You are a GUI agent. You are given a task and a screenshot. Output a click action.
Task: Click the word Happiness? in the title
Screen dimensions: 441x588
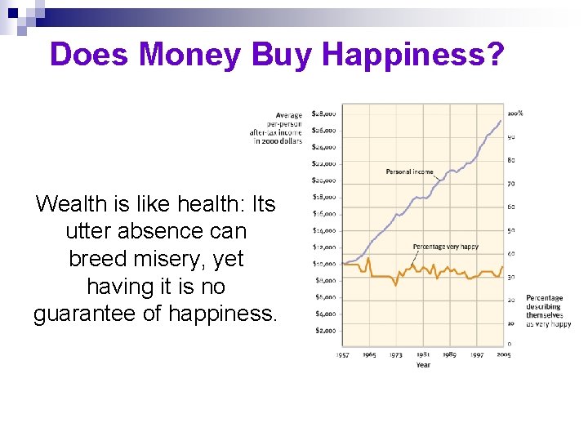pyautogui.click(x=415, y=54)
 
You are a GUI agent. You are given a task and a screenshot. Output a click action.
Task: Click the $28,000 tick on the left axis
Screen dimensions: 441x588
pyautogui.click(x=324, y=114)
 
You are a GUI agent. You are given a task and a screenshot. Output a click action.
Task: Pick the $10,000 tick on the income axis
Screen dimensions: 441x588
pyautogui.click(x=324, y=264)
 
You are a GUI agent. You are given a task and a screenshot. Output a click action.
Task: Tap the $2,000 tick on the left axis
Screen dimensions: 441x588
pyautogui.click(x=325, y=331)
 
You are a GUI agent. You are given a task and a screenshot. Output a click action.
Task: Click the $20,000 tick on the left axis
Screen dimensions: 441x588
pyautogui.click(x=324, y=180)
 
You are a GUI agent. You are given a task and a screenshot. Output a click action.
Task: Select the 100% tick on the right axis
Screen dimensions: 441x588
pyautogui.click(x=515, y=114)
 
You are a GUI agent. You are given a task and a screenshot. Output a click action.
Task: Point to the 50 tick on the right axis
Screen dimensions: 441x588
pyautogui.click(x=511, y=230)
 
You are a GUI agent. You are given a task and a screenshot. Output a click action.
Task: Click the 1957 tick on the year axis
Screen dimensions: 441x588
pyautogui.click(x=345, y=355)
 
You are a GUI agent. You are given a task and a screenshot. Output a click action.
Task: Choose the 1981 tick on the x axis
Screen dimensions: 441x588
pyautogui.click(x=423, y=355)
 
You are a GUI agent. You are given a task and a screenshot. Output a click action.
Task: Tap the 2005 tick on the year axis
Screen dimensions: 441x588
pyautogui.click(x=503, y=355)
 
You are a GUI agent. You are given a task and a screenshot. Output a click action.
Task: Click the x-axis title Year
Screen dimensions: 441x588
pyautogui.click(x=423, y=365)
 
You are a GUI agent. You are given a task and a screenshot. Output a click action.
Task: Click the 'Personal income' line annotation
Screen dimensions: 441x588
pyautogui.click(x=410, y=171)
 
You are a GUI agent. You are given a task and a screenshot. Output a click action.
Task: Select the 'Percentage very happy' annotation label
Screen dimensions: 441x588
pyautogui.click(x=446, y=246)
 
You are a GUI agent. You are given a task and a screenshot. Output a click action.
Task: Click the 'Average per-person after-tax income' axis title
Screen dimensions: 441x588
pyautogui.click(x=277, y=128)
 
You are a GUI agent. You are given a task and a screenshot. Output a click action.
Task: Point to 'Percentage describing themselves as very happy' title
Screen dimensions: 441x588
pyautogui.click(x=547, y=311)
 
